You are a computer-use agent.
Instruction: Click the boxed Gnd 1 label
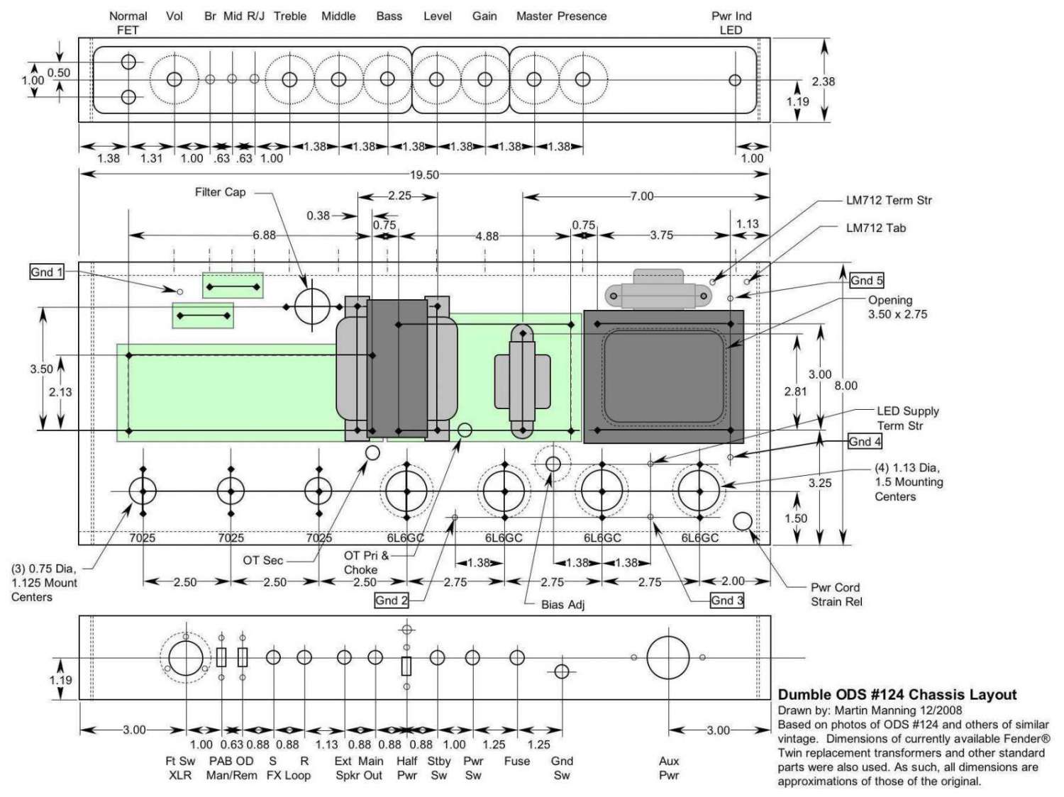coord(47,272)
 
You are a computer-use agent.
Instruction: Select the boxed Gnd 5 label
coord(866,280)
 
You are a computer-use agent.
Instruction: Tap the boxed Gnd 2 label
coord(392,601)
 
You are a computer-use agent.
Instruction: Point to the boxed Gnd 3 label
coord(727,601)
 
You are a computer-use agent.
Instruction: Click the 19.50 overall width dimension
coord(423,175)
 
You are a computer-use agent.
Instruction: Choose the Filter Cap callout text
coord(220,192)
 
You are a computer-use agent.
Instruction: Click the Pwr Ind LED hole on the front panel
coord(735,80)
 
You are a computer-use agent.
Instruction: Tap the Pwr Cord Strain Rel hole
coord(742,522)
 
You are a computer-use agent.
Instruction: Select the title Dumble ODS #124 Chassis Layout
coord(897,695)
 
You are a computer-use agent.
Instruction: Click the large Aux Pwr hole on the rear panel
coord(667,657)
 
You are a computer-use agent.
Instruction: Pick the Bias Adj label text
coord(563,605)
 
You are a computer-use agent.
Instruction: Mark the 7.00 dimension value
coord(641,196)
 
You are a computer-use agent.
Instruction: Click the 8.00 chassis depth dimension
coord(846,386)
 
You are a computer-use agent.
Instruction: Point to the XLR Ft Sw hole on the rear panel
coord(185,657)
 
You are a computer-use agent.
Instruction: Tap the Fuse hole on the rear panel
coord(517,657)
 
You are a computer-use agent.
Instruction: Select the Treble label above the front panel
coord(289,16)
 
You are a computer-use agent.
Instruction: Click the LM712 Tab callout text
coord(875,228)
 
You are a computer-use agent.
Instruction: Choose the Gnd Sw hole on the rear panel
coord(561,671)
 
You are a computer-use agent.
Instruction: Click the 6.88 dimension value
coord(264,235)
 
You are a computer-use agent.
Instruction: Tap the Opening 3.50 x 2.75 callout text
coord(897,307)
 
